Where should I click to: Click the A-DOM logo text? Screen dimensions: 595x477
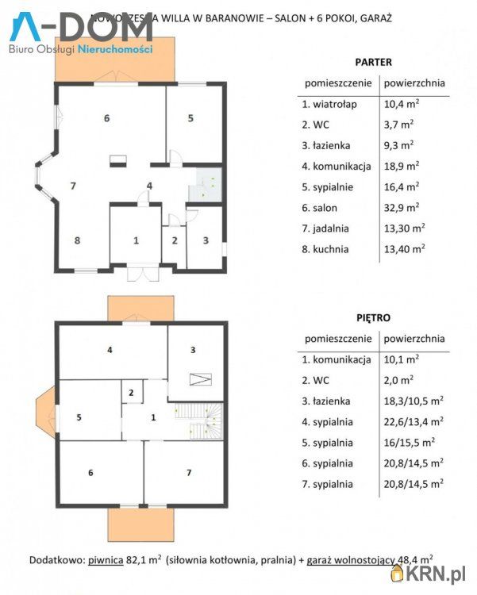(x=83, y=27)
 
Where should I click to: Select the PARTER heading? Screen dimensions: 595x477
(x=373, y=61)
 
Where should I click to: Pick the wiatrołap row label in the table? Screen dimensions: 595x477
(x=329, y=104)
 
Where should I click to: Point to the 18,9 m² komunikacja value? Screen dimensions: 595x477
(x=402, y=166)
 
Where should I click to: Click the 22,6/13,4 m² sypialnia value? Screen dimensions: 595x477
(x=413, y=422)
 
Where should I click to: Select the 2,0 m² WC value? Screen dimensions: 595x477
(x=398, y=380)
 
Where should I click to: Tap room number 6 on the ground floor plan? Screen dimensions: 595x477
(x=106, y=118)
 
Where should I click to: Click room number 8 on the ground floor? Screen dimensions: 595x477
(x=77, y=240)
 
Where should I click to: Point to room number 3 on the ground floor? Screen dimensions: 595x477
(x=206, y=240)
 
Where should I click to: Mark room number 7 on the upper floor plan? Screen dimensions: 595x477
(x=188, y=473)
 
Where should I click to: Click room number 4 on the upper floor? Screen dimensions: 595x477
(x=110, y=349)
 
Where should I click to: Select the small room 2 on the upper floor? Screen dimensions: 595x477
(x=131, y=393)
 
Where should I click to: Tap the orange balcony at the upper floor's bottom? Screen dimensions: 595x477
(x=140, y=523)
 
